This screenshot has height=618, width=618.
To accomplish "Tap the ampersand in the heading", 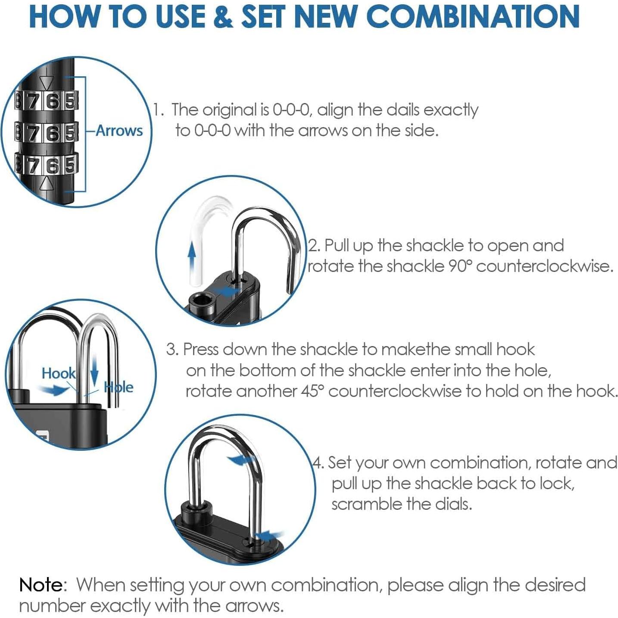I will [x=223, y=17].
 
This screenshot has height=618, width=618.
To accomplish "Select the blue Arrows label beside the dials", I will [x=119, y=131].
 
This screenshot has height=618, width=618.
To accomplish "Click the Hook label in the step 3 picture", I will [x=58, y=373].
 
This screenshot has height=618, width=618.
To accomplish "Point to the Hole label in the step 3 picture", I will [x=119, y=387].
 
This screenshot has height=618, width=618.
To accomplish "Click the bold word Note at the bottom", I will [x=41, y=585].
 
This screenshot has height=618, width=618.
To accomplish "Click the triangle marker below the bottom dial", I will [x=47, y=184].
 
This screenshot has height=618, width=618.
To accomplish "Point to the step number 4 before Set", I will [x=317, y=463].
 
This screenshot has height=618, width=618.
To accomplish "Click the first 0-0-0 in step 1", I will [x=291, y=110].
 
